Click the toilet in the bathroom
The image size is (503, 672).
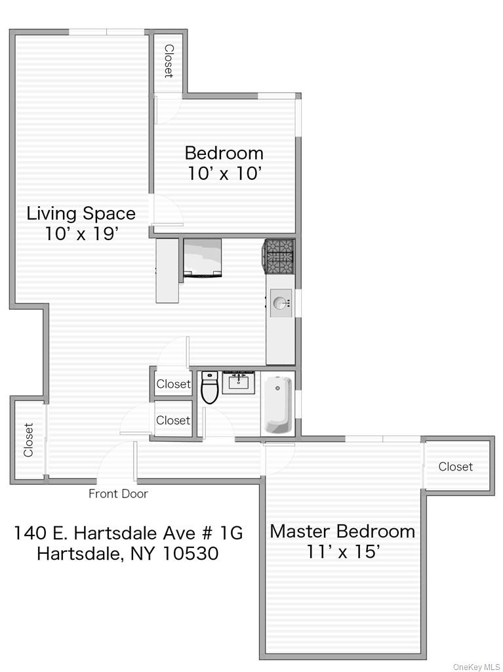(x=209, y=388)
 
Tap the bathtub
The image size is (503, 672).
(x=277, y=404)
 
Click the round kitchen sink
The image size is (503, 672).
(x=281, y=303)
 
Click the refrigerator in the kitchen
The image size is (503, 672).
(x=202, y=258)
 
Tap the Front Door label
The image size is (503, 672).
(x=118, y=494)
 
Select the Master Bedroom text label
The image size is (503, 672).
(x=342, y=531)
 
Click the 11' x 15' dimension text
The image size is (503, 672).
(x=343, y=552)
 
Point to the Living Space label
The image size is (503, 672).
(x=81, y=213)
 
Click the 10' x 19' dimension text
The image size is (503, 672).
(x=81, y=234)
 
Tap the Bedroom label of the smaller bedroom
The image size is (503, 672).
(x=224, y=153)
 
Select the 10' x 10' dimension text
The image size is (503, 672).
(x=224, y=174)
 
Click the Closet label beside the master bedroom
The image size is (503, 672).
(x=455, y=467)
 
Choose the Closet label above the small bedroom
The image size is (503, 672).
(x=169, y=61)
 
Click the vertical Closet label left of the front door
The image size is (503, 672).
(x=28, y=440)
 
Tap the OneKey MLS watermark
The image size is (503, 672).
(x=476, y=667)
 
